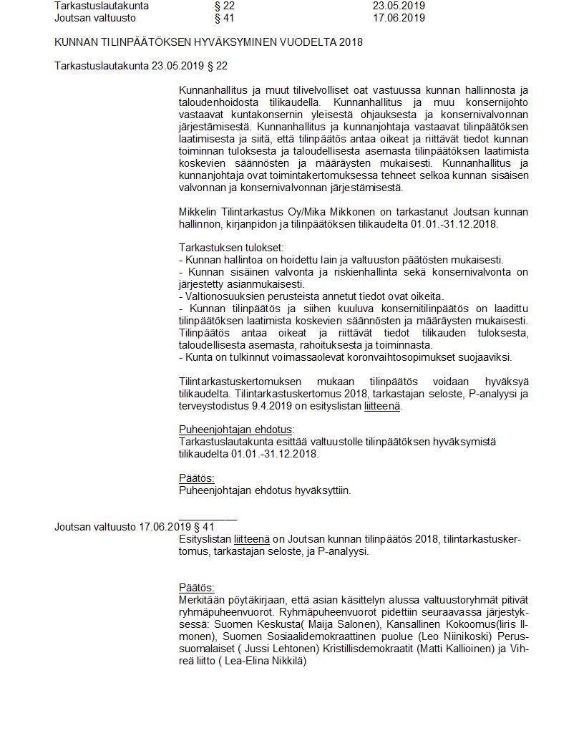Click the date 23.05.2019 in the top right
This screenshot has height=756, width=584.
click(x=399, y=6)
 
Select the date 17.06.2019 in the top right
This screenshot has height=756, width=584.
click(x=399, y=18)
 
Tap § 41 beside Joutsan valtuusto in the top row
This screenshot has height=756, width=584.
click(x=215, y=18)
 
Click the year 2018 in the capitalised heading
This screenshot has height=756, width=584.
click(x=351, y=42)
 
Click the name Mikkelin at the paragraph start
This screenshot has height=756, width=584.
click(x=198, y=213)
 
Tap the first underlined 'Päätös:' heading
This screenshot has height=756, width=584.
click(x=196, y=478)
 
